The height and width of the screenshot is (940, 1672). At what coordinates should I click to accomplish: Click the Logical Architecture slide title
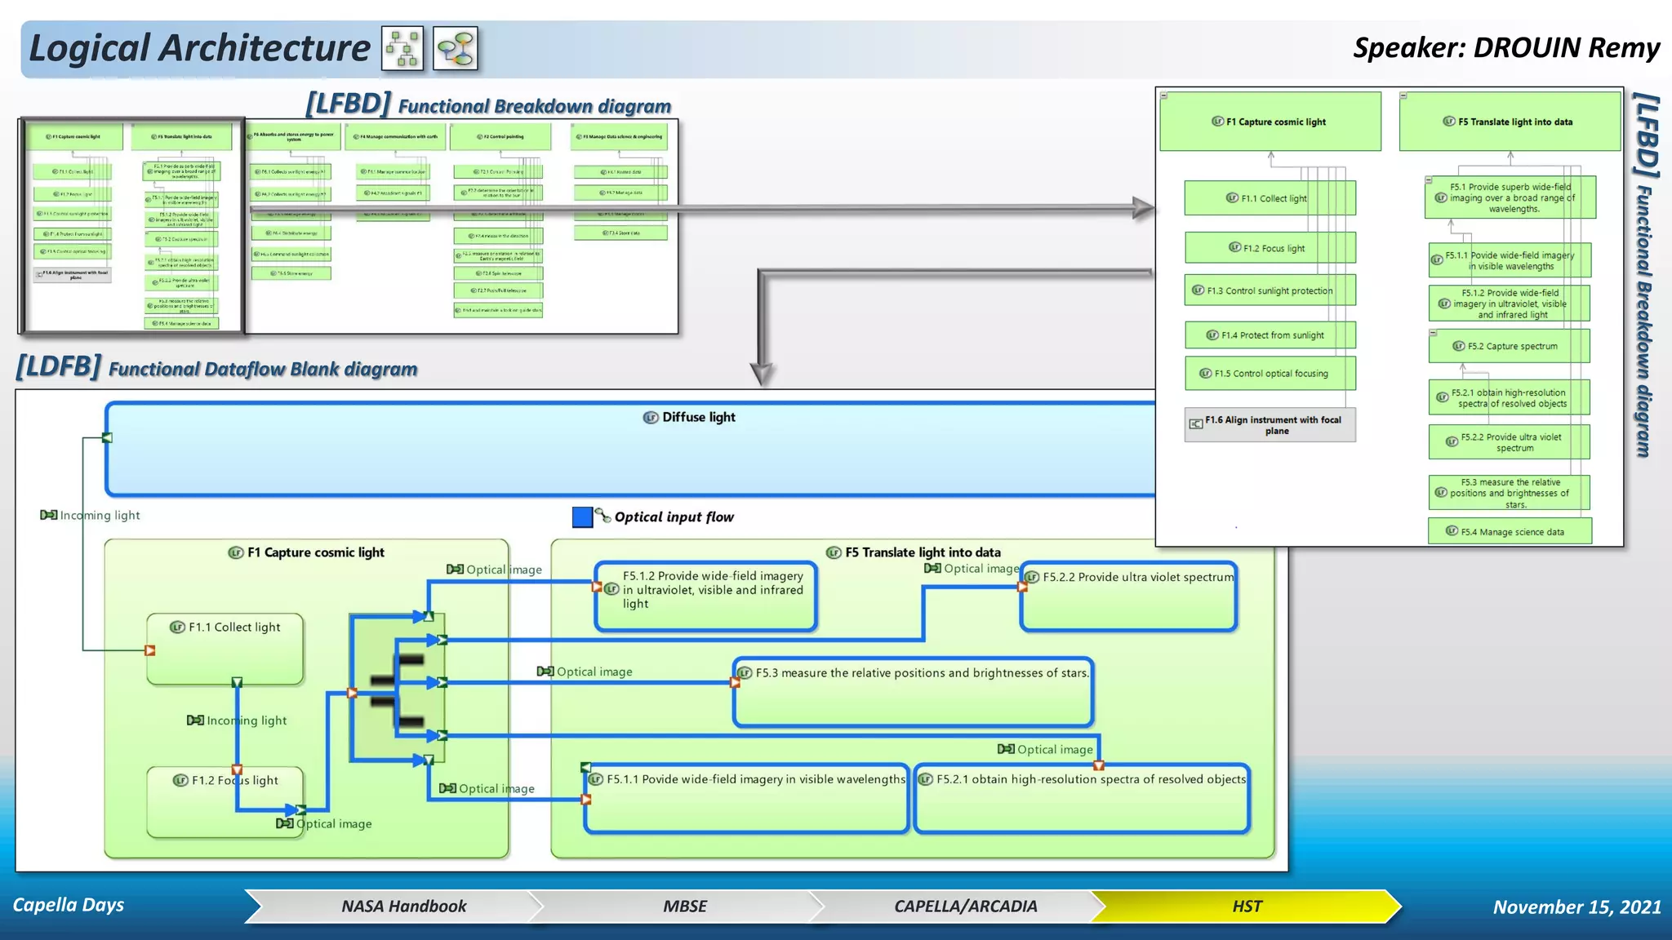pyautogui.click(x=199, y=48)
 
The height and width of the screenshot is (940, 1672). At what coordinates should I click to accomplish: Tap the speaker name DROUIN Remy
pyautogui.click(x=1505, y=47)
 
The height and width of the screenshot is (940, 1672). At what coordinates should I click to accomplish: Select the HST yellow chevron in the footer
pyautogui.click(x=1246, y=906)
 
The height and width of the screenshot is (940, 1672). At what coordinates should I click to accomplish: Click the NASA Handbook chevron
pyautogui.click(x=403, y=906)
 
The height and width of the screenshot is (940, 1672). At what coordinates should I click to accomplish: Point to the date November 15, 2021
pyautogui.click(x=1576, y=907)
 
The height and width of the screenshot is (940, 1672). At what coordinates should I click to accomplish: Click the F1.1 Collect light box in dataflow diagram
pyautogui.click(x=225, y=649)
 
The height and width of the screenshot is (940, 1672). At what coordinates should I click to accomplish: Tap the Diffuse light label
pyautogui.click(x=699, y=417)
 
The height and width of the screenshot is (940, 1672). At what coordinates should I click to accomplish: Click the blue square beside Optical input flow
pyautogui.click(x=582, y=517)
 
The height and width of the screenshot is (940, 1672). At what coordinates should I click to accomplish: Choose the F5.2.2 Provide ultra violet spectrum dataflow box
pyautogui.click(x=1129, y=597)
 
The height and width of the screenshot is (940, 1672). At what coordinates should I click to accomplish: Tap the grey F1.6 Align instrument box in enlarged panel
pyautogui.click(x=1270, y=424)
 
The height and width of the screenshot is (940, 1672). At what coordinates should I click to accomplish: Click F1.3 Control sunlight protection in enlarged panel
pyautogui.click(x=1270, y=290)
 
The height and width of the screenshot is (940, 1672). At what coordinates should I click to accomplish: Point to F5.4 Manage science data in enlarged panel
pyautogui.click(x=1510, y=531)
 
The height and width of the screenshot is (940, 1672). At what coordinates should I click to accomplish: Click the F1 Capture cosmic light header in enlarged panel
pyautogui.click(x=1270, y=122)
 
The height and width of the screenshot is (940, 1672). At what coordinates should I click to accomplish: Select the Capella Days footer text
pyautogui.click(x=69, y=905)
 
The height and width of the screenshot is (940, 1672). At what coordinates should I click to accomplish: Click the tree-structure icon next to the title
pyautogui.click(x=402, y=48)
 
